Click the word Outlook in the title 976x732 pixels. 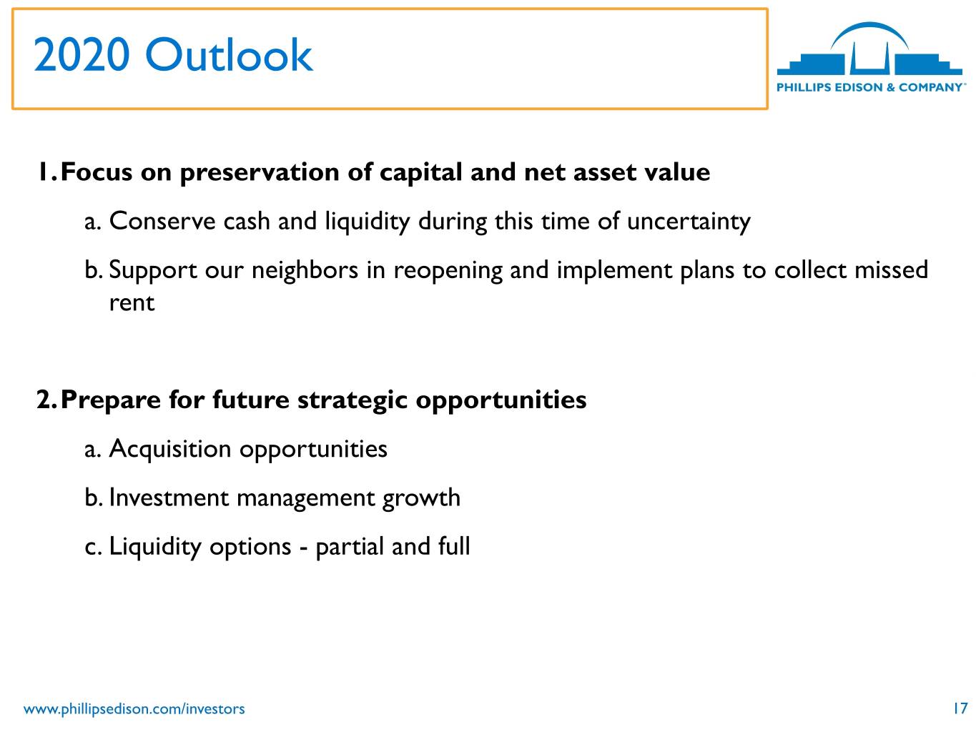click(x=229, y=54)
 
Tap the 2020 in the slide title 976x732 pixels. click(x=82, y=54)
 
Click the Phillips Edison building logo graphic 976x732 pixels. click(x=869, y=49)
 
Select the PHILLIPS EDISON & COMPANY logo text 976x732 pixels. click(x=871, y=87)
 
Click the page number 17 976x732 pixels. click(x=960, y=708)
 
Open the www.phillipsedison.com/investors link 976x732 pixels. click(x=134, y=708)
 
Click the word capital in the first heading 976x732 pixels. click(x=420, y=172)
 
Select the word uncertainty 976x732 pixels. click(x=689, y=222)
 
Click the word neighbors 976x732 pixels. click(x=305, y=269)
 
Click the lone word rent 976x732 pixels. click(x=132, y=303)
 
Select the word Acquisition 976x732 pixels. click(x=170, y=449)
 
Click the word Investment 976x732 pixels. click(x=169, y=498)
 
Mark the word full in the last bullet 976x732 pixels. click(x=453, y=545)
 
